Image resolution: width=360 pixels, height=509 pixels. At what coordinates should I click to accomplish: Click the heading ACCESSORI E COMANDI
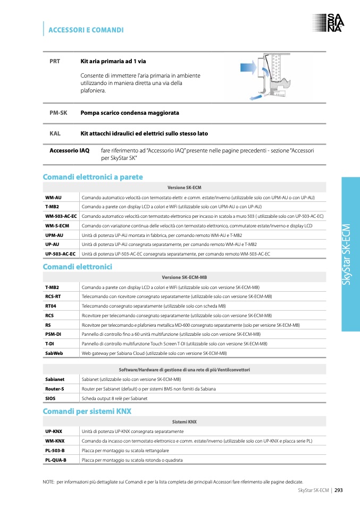(x=86, y=30)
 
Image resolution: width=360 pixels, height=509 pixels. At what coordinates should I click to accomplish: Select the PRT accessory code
(x=55, y=61)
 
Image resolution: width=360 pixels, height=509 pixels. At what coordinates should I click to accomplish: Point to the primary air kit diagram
(x=269, y=77)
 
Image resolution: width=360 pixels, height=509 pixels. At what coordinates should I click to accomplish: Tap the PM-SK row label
(x=58, y=113)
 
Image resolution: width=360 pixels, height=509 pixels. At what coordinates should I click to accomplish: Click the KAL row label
(x=55, y=133)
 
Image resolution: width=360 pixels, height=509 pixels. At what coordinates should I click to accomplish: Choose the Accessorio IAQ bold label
(x=69, y=151)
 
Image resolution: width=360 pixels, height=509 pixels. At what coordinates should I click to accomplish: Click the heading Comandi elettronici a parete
(x=93, y=177)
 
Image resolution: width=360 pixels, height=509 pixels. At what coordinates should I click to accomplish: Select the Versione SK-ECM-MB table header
(x=184, y=277)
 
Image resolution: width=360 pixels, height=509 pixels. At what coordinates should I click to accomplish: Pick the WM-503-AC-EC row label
(x=61, y=216)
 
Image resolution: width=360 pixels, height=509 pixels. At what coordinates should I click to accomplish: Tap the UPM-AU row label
(x=54, y=235)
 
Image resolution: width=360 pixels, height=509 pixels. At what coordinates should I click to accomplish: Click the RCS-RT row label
(x=53, y=296)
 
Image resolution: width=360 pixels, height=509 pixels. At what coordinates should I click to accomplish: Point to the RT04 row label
(x=51, y=306)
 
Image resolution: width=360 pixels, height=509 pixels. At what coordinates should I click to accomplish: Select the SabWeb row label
(x=54, y=353)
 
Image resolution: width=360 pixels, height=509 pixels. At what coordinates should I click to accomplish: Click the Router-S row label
(x=55, y=389)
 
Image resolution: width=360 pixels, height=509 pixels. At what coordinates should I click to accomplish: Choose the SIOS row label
(x=50, y=398)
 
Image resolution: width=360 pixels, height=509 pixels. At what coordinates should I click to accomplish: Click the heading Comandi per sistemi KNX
(x=87, y=412)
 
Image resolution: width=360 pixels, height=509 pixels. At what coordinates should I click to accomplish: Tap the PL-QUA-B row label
(x=55, y=460)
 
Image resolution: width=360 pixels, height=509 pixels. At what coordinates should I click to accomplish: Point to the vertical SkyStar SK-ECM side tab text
(x=347, y=255)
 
